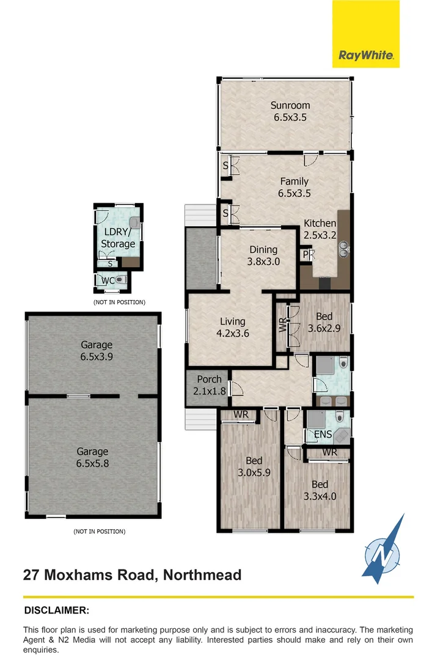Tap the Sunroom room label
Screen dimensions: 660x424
[290, 111]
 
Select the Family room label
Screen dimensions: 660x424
[294, 187]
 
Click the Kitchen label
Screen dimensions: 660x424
[320, 229]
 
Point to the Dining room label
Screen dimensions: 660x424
[263, 255]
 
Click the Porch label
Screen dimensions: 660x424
[209, 384]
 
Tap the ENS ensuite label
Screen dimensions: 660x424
[323, 435]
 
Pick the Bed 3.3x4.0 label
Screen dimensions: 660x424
[320, 490]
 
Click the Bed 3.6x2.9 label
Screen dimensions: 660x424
[324, 322]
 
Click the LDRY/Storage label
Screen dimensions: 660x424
[118, 238]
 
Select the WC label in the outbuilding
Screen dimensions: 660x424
[108, 280]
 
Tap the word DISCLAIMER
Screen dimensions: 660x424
[57, 610]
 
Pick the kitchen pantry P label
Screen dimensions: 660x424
[305, 254]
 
